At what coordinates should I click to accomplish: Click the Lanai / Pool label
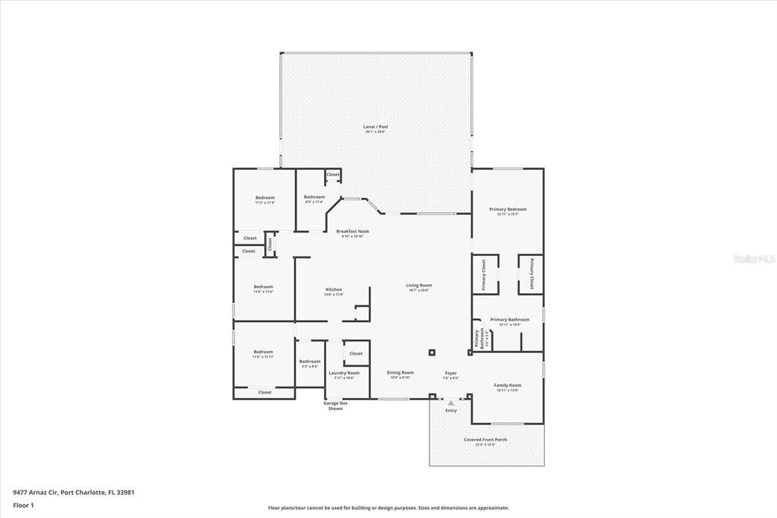click(376, 127)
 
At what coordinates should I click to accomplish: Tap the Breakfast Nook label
click(352, 231)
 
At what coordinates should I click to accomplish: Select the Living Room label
click(418, 286)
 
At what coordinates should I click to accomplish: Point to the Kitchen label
click(334, 289)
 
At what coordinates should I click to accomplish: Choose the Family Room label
click(508, 385)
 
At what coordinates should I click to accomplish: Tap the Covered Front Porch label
click(486, 440)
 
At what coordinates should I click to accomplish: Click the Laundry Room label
click(344, 373)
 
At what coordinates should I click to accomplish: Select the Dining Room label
click(400, 373)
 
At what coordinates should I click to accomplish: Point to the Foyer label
click(451, 373)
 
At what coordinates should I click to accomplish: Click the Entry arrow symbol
click(451, 403)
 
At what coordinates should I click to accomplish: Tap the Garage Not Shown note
click(335, 406)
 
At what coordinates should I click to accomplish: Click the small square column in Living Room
click(432, 352)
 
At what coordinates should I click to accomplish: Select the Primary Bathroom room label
click(509, 320)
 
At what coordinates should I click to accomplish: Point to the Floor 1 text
click(24, 504)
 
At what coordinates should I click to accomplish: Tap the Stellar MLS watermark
click(753, 258)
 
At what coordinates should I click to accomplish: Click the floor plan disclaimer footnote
click(388, 508)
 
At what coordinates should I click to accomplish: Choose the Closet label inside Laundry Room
click(356, 353)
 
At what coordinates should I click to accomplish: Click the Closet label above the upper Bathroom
click(333, 175)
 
